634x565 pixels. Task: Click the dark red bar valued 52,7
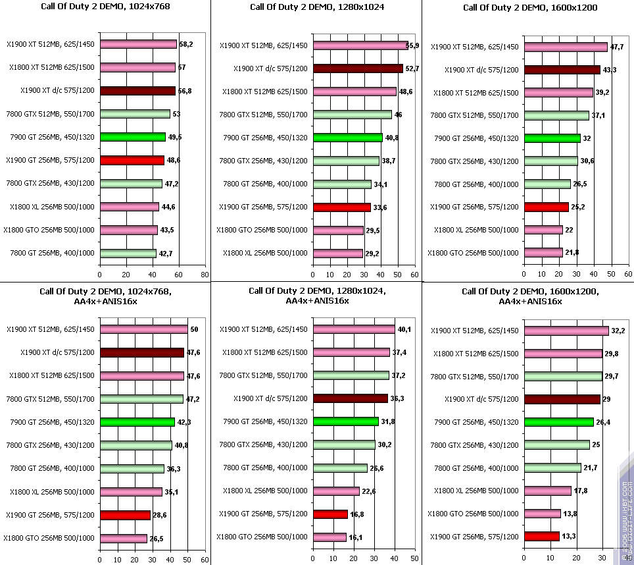click(358, 68)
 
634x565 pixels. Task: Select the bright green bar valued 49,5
click(132, 137)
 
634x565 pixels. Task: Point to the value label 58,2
click(185, 44)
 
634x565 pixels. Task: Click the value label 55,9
click(413, 45)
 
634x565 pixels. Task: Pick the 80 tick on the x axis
click(205, 275)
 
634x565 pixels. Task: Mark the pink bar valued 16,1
click(329, 537)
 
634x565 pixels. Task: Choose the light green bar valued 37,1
click(556, 115)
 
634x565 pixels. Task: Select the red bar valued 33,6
click(342, 207)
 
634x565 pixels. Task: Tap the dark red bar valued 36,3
click(351, 398)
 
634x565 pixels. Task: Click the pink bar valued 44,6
click(130, 207)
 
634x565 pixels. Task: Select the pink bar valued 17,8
click(548, 491)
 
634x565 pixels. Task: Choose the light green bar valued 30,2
click(344, 445)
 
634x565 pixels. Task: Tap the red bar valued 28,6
click(125, 515)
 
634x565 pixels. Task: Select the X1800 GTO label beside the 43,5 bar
click(49, 230)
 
